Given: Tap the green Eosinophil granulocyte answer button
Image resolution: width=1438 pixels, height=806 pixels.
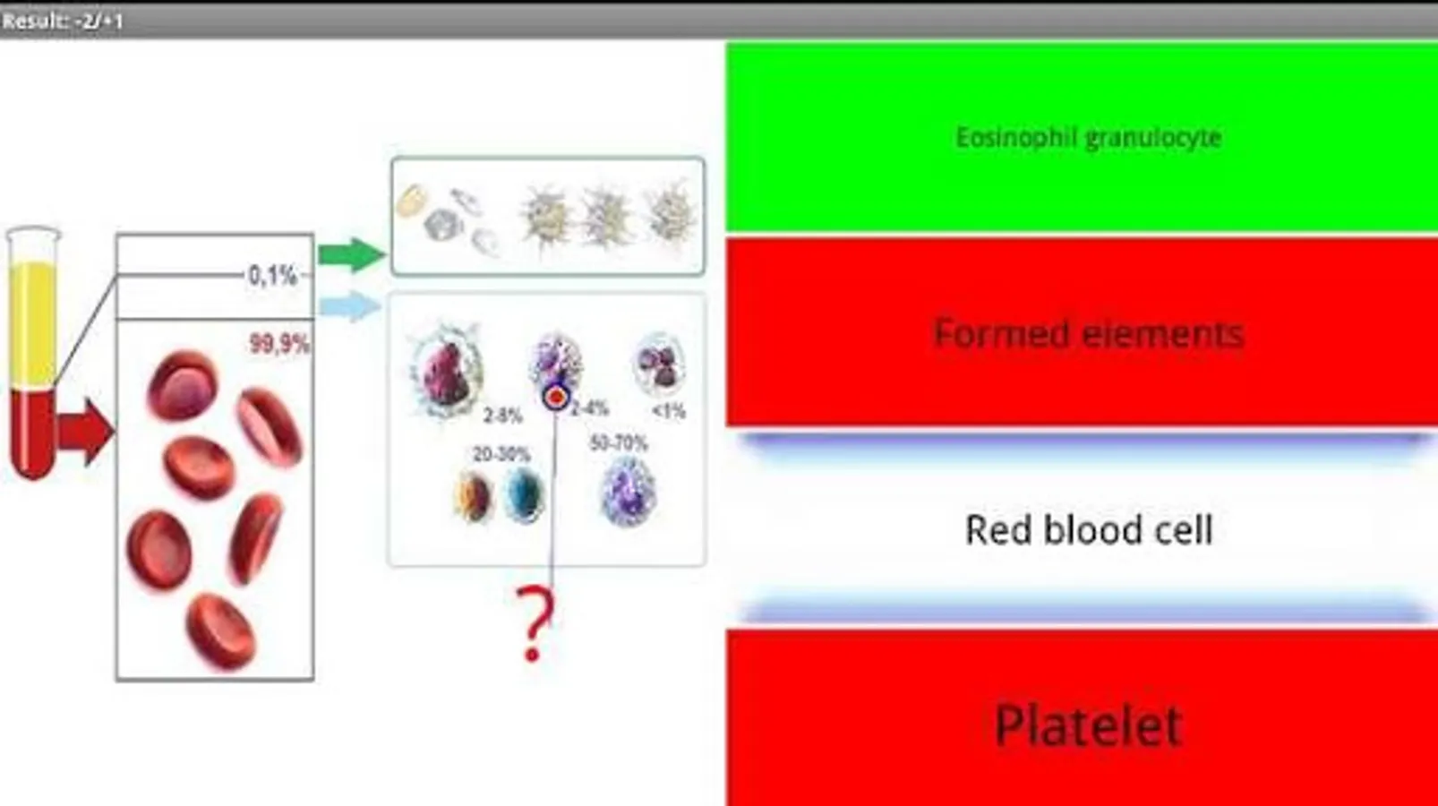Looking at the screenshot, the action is tap(1082, 137).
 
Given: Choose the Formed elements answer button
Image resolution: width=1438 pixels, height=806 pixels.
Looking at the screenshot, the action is tap(1082, 332).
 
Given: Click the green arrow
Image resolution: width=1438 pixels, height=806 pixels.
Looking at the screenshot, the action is tap(351, 255).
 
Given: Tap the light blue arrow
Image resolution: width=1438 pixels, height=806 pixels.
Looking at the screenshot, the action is tap(350, 305).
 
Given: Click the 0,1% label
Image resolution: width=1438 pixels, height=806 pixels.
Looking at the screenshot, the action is tap(273, 276).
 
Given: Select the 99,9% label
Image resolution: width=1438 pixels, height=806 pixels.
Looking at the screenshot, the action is tap(279, 344).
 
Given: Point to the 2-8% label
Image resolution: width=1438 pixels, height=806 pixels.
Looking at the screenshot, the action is tap(502, 416).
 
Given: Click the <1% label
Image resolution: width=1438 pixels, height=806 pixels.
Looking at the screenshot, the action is tap(668, 411).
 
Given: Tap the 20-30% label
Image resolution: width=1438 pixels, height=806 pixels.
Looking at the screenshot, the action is tap(501, 455).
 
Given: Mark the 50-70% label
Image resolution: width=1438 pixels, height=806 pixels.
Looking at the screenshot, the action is tap(619, 443).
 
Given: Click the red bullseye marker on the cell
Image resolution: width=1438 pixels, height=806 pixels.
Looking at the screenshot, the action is tap(556, 398).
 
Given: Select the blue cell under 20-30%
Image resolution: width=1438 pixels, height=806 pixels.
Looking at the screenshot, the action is tap(525, 495).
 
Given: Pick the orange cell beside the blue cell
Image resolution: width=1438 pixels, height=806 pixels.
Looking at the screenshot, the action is tap(473, 496).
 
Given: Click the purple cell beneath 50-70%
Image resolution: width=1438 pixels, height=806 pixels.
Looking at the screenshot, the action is tap(628, 493).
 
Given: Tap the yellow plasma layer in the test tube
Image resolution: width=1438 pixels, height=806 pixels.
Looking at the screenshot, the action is tap(33, 325).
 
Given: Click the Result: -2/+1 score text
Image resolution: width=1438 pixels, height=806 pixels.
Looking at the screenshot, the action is tap(63, 21).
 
